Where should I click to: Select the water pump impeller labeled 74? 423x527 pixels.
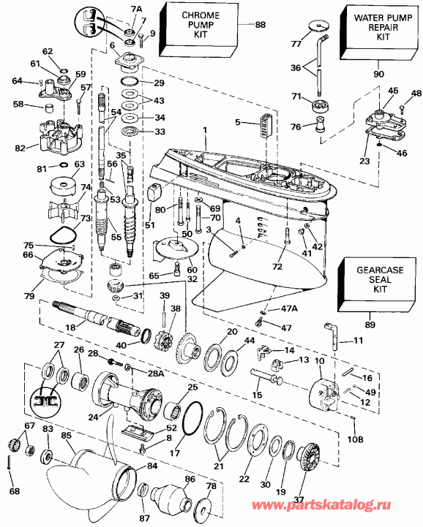[x=70, y=201]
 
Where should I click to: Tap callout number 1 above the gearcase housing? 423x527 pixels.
[x=206, y=129]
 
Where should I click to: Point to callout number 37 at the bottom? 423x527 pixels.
[x=299, y=501]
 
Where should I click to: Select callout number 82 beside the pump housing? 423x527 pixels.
[x=20, y=148]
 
